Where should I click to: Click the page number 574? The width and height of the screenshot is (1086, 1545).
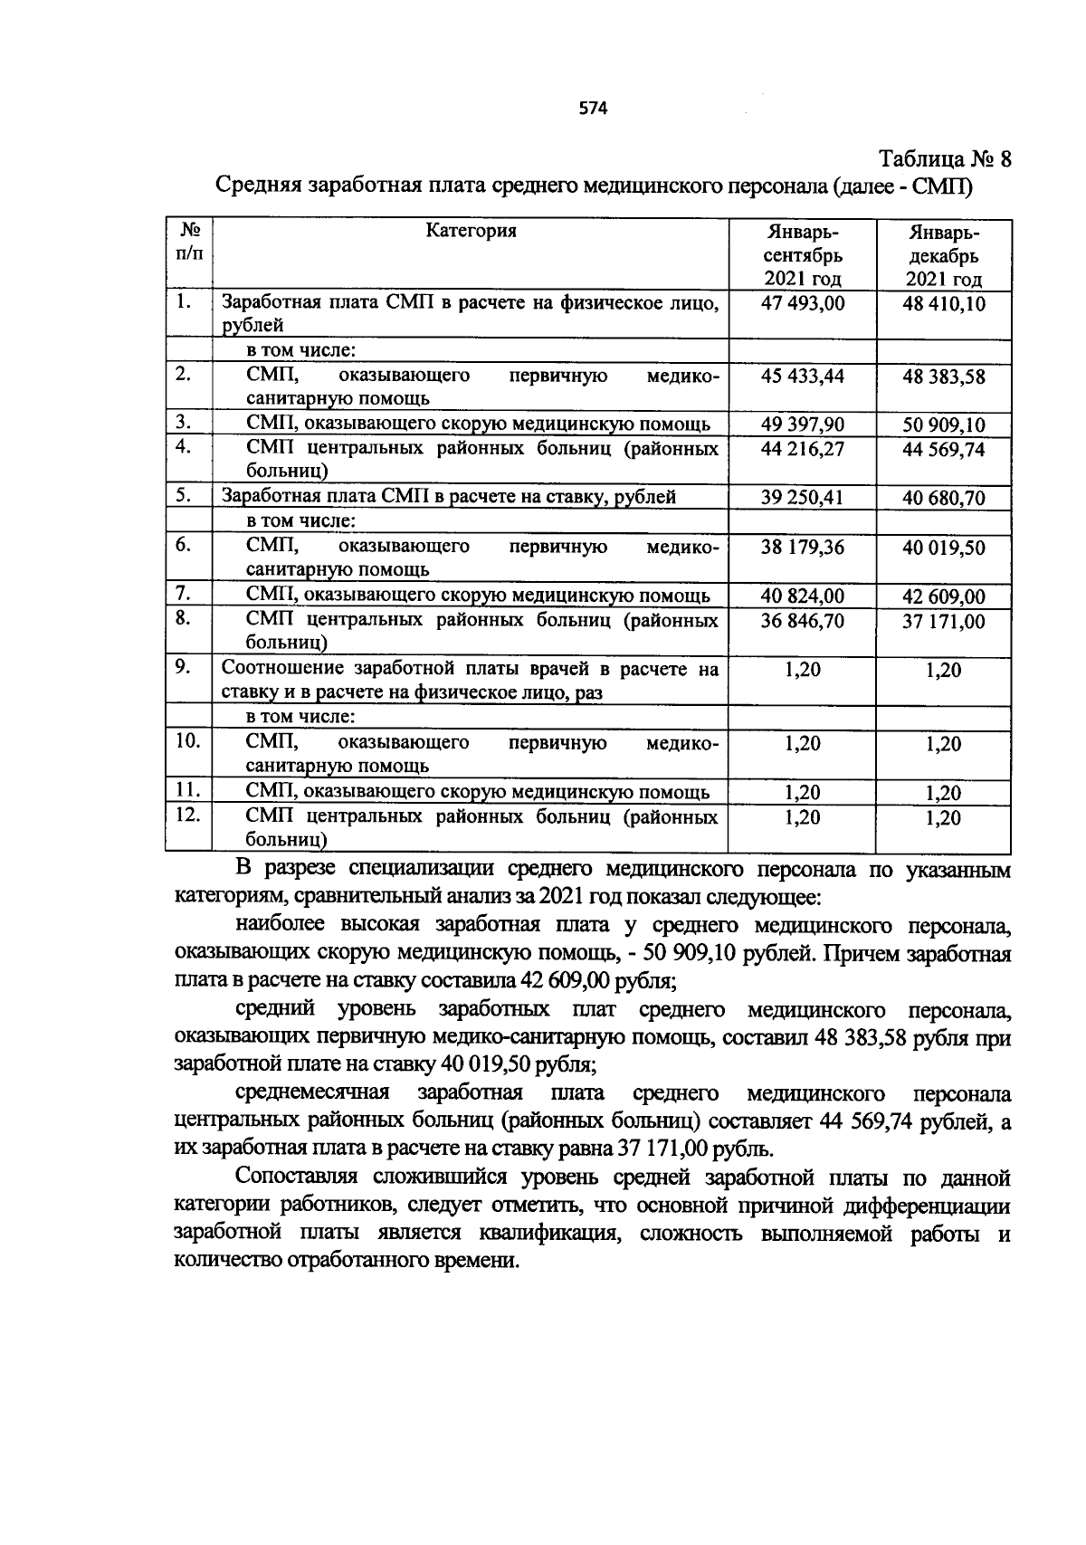tap(593, 110)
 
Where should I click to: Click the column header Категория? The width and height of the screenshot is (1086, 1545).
tap(471, 230)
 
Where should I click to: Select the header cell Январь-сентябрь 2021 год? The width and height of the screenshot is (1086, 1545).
tap(803, 255)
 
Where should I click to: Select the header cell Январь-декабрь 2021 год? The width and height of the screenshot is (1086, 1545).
tap(944, 256)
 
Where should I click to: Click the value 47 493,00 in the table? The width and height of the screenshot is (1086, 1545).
tap(803, 303)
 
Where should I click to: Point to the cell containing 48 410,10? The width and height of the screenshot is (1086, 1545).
tap(944, 304)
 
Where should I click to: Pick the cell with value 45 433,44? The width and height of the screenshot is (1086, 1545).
tap(803, 376)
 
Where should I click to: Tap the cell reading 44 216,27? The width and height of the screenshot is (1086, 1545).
tap(803, 449)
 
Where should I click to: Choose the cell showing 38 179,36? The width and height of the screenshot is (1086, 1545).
tap(803, 547)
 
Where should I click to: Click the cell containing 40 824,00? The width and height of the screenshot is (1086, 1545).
tap(803, 596)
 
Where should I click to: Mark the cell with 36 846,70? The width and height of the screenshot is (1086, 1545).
tap(803, 620)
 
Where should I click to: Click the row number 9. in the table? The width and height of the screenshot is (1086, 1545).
tap(183, 667)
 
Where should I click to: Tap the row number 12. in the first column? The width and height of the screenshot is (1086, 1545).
tap(187, 815)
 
